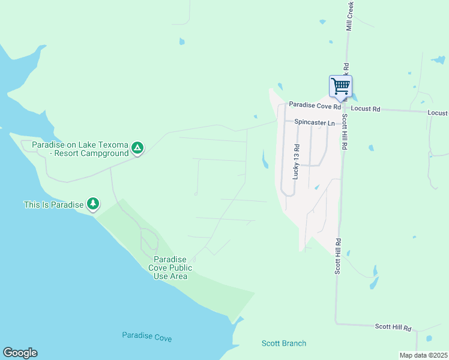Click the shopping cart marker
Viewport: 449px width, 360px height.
tap(340, 86)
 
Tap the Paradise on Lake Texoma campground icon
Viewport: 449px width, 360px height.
tap(137, 148)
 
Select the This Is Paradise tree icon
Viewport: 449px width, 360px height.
tap(92, 204)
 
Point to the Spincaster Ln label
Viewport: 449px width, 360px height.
tap(315, 123)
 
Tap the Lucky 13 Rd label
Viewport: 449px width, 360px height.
tap(295, 161)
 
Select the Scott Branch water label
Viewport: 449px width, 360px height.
tap(284, 343)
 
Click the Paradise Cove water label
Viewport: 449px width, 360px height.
tap(146, 337)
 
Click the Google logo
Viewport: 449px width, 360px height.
tap(20, 353)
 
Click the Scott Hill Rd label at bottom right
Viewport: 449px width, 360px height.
tap(393, 327)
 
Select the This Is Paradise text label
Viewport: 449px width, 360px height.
tap(53, 205)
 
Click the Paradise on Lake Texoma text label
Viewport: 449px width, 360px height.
tap(80, 149)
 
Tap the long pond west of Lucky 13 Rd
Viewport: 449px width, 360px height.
tap(265, 159)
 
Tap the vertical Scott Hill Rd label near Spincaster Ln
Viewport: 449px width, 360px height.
tap(345, 132)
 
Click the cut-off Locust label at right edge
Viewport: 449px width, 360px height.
tap(438, 113)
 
